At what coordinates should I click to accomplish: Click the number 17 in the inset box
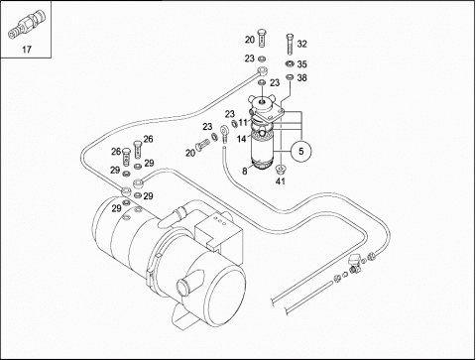(27, 50)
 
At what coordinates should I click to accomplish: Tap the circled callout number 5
(300, 151)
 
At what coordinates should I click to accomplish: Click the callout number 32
(301, 44)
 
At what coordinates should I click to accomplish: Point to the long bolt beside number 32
(290, 45)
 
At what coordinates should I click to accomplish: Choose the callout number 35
(301, 63)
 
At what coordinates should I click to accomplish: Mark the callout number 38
(301, 77)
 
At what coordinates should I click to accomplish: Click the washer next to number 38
(290, 77)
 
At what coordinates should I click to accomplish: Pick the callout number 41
(281, 181)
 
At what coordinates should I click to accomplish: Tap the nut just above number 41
(281, 170)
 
